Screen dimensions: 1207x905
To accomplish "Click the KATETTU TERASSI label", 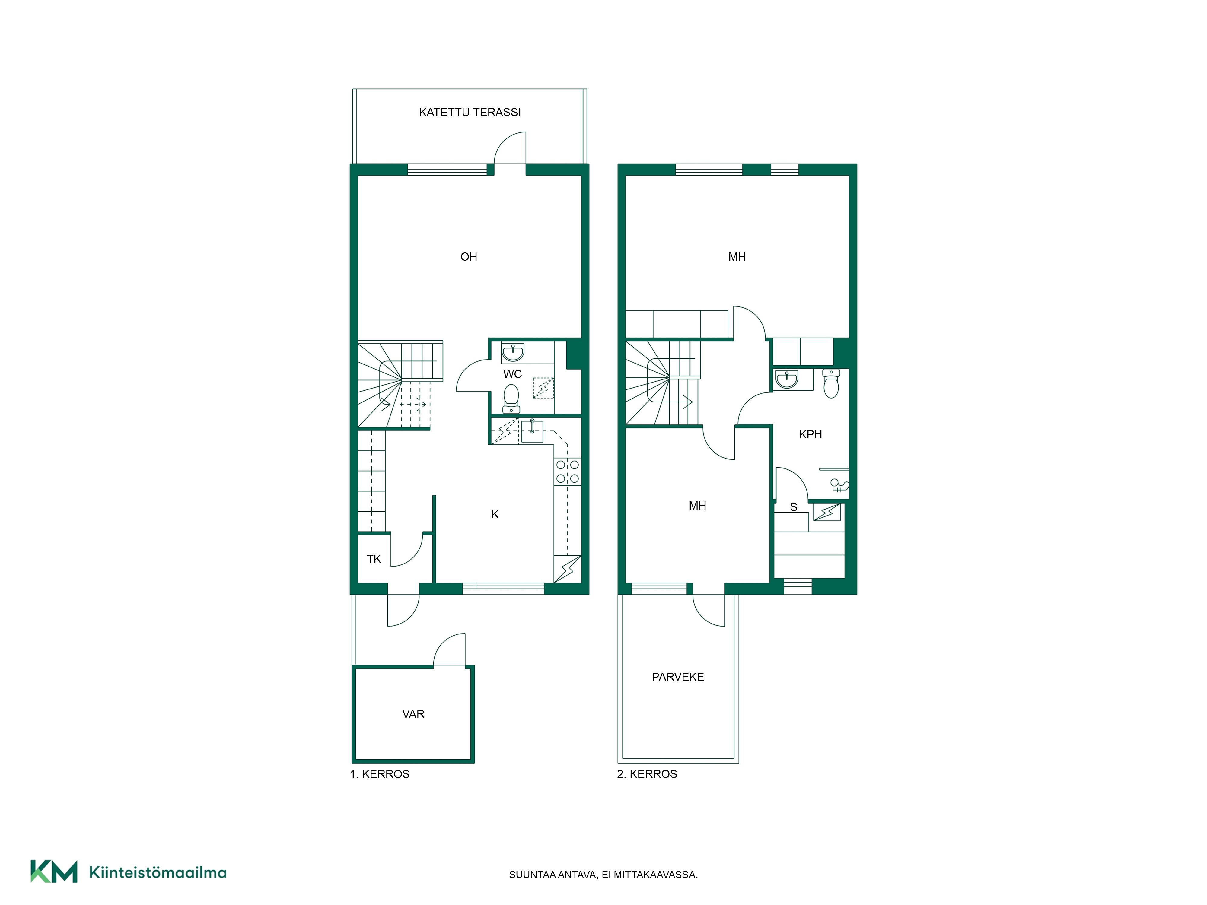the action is coord(470,113).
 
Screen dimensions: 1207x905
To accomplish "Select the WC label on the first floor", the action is coord(512,374).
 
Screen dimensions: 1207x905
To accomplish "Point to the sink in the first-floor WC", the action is coord(513,352).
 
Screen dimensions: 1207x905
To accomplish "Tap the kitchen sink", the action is coord(532,431).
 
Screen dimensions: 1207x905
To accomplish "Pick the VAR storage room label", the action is coord(413,714).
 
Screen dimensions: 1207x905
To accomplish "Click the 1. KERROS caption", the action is coord(380,774).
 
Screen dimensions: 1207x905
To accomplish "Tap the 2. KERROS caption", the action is coord(647,774).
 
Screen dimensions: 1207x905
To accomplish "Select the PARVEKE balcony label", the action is coord(678,677).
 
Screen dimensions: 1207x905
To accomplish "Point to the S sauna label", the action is coord(793,507).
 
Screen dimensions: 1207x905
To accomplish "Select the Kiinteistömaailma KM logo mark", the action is coord(53,871).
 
